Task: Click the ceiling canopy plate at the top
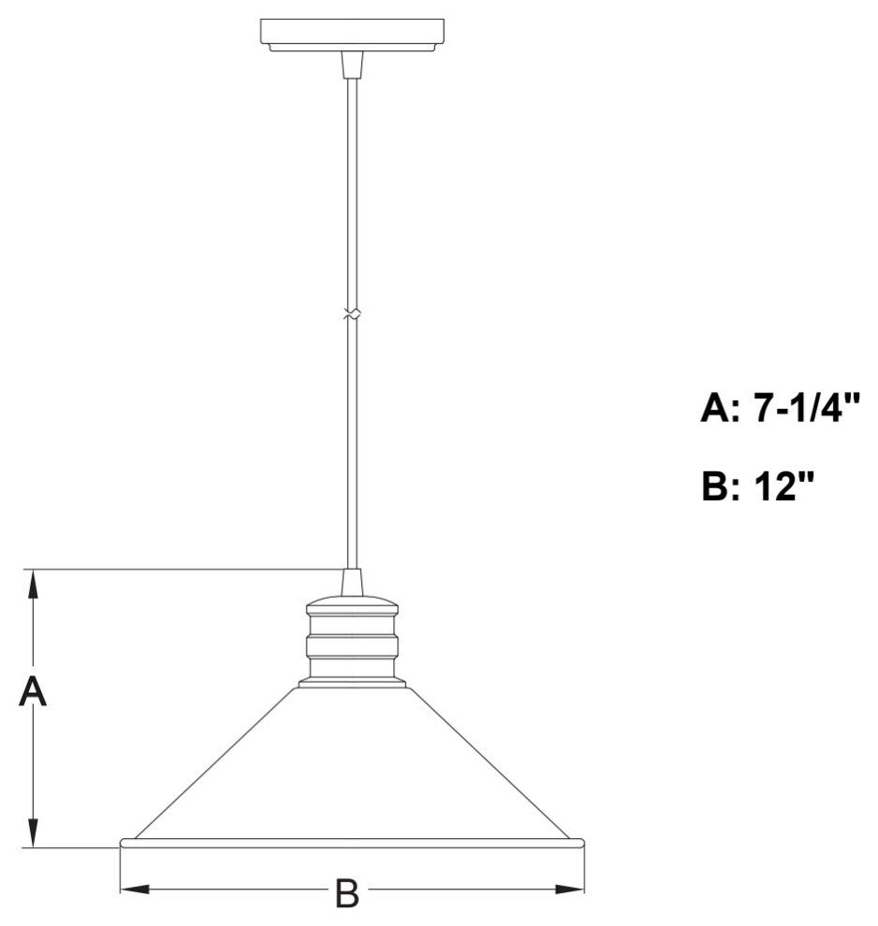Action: click(351, 33)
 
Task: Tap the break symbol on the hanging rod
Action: click(351, 315)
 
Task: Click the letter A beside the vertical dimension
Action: click(33, 693)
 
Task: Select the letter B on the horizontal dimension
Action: click(347, 893)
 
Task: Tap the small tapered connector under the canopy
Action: click(351, 65)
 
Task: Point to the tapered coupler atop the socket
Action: click(351, 582)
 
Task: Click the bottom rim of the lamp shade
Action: click(352, 843)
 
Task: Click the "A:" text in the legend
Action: click(723, 409)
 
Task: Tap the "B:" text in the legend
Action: click(723, 486)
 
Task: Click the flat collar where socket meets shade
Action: click(352, 684)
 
